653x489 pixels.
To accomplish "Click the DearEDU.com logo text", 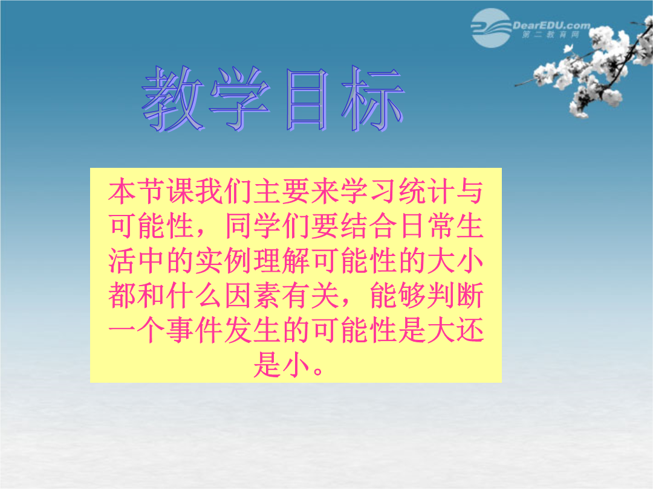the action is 551,25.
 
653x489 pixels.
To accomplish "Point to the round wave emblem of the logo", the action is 492,28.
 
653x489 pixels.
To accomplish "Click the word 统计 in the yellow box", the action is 426,192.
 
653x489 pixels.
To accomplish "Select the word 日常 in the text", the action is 426,226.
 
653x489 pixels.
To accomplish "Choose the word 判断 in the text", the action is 456,296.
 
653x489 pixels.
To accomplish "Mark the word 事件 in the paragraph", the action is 193,331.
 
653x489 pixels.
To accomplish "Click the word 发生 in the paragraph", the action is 252,331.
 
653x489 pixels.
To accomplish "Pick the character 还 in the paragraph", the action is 470,331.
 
